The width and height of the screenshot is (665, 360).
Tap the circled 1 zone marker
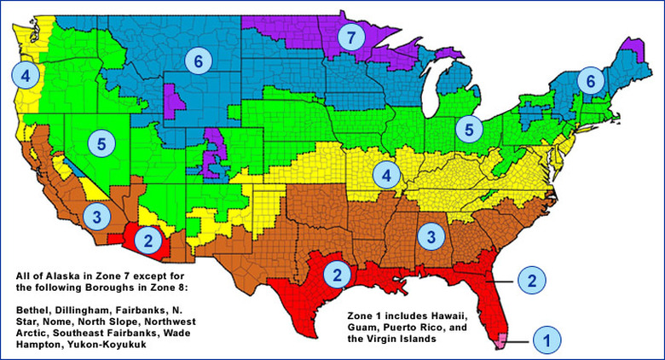(x=546, y=340)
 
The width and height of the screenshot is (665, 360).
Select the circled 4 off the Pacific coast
(x=25, y=75)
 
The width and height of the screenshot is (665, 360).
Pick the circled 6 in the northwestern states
(x=198, y=61)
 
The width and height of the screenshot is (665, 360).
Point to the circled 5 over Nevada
(x=101, y=142)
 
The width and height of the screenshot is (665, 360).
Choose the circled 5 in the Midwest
(x=468, y=129)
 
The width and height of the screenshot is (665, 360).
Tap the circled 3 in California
(x=97, y=217)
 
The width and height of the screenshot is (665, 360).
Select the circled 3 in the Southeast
(x=431, y=234)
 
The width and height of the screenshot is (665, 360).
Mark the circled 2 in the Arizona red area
(x=148, y=240)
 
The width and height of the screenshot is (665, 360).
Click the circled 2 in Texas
(x=338, y=275)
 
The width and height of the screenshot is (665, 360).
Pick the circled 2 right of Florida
(x=531, y=279)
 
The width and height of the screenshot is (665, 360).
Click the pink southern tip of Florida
(x=501, y=340)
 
